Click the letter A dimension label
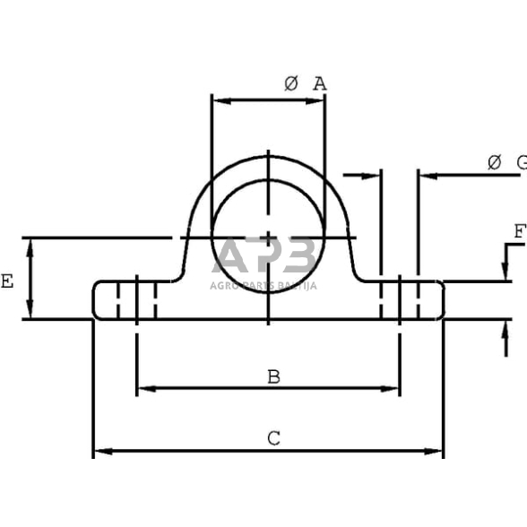[x=319, y=83]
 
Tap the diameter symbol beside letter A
[x=290, y=83]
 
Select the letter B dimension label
[x=273, y=376]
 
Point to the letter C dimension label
[x=273, y=438]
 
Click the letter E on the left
[x=7, y=281]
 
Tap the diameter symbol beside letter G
[x=493, y=162]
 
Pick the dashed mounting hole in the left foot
[x=137, y=299]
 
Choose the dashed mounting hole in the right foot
[x=399, y=299]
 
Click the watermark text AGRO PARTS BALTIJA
[x=263, y=286]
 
